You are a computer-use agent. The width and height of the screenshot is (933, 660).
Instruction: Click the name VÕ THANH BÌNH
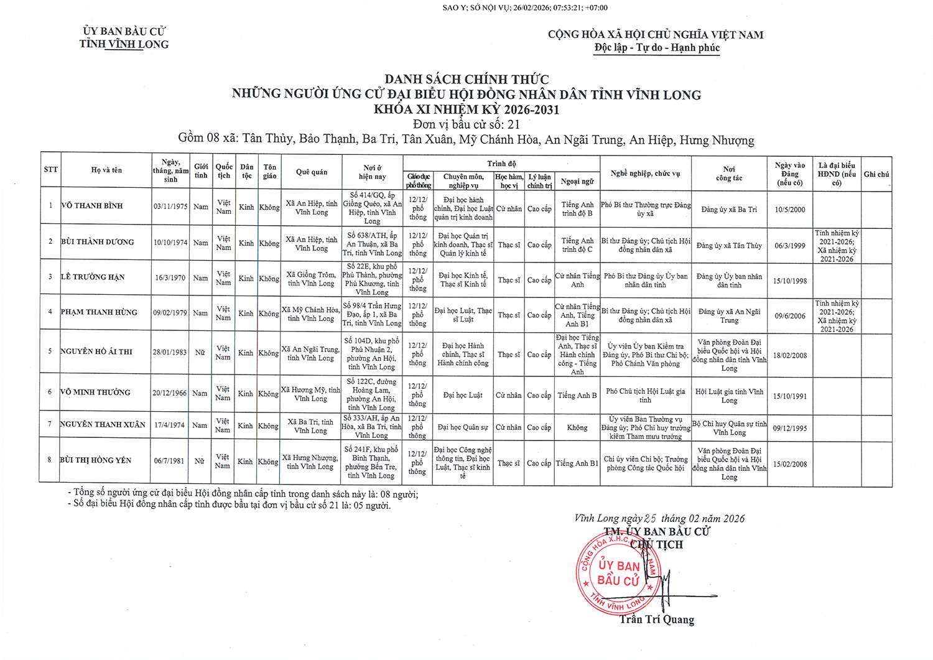point(92,206)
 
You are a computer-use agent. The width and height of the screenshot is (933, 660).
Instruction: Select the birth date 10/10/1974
point(170,243)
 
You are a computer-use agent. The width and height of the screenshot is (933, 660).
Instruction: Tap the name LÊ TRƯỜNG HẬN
point(93,277)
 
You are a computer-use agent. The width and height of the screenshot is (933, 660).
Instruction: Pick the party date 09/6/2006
point(791,316)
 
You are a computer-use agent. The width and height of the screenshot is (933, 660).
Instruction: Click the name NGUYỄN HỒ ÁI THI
point(96,352)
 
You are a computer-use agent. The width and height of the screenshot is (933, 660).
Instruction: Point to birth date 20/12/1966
point(170,393)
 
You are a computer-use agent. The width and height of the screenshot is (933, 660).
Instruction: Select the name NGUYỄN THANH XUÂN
point(103,425)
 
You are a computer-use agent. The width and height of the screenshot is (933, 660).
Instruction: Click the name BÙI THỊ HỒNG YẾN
point(96,460)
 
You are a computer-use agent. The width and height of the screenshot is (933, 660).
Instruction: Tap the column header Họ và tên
point(106,170)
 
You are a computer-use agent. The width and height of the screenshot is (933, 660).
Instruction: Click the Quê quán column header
point(312,172)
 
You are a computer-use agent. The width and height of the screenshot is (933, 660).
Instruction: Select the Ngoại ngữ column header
point(577,182)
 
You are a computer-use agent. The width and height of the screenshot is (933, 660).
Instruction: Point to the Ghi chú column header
point(876,174)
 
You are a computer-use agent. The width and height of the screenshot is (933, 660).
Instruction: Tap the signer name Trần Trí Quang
point(657,620)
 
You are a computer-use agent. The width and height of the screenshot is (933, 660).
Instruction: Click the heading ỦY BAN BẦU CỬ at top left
point(124,31)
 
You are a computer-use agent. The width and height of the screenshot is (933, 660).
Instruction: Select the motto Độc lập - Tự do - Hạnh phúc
point(657,48)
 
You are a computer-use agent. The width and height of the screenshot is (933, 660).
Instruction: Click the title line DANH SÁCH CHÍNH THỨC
point(466,80)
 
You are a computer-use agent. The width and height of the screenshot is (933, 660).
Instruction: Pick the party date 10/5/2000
point(790,210)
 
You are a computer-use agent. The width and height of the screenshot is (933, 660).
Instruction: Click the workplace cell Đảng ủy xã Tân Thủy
point(729,246)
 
